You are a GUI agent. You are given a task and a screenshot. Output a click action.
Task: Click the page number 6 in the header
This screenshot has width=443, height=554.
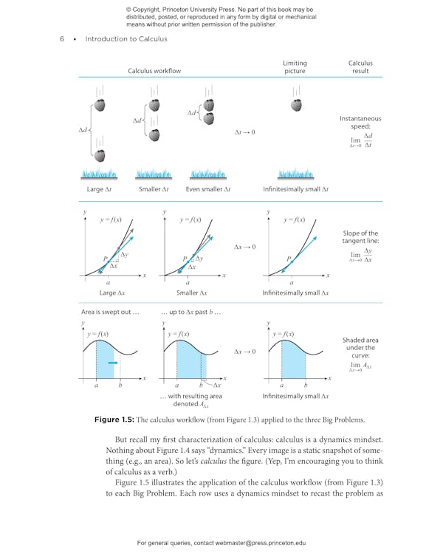62,39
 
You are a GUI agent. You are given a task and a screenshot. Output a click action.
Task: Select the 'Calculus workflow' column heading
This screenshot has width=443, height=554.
154,71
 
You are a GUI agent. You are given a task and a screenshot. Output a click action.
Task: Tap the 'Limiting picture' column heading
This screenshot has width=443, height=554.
295,67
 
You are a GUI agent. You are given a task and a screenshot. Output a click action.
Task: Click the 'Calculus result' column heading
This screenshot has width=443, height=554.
360,67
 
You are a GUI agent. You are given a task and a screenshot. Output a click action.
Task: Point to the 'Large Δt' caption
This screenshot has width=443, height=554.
97,189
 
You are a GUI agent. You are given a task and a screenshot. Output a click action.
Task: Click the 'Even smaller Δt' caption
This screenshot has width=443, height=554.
208,189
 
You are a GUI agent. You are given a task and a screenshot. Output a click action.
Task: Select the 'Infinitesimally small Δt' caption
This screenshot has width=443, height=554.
295,189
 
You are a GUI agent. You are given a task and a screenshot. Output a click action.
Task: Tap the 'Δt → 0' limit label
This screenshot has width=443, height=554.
244,132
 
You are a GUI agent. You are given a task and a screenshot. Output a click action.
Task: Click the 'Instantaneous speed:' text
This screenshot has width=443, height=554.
360,123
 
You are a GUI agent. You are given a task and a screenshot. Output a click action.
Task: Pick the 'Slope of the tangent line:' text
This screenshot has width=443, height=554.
360,238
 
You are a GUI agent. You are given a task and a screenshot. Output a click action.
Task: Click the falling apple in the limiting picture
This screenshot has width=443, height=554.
295,105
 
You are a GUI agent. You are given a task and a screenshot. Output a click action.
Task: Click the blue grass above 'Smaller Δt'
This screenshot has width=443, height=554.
154,174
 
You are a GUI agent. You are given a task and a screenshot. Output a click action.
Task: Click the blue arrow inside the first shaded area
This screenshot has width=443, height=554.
111,363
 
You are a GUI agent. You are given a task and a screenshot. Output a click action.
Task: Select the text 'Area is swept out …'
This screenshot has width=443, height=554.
109,312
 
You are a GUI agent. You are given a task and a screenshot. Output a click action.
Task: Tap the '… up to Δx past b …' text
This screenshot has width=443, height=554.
190,312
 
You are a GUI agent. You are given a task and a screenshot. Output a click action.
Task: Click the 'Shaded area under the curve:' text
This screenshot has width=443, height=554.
360,348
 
